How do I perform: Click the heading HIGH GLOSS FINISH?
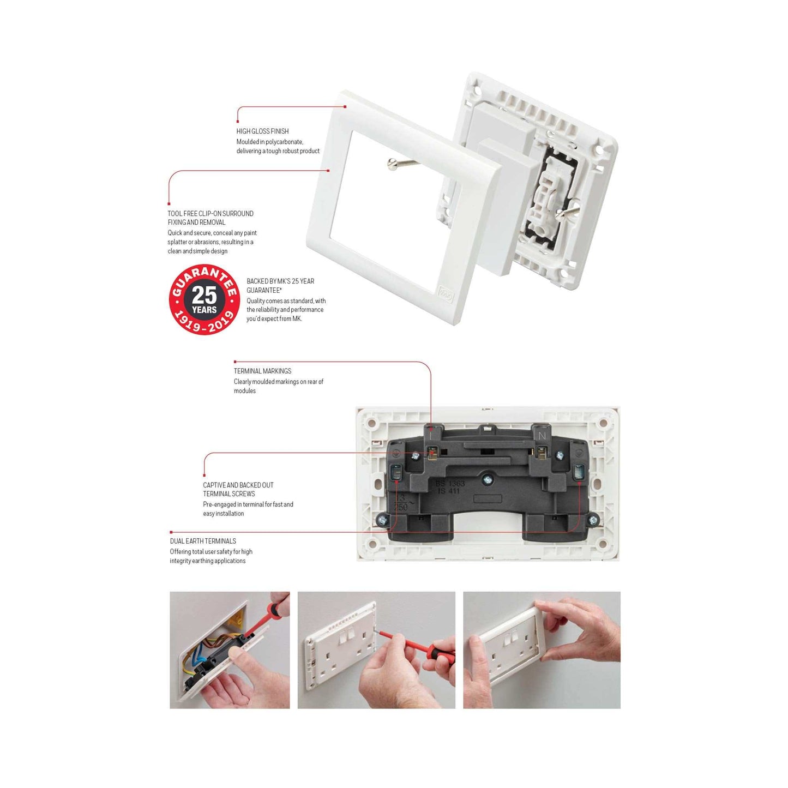pos(262,131)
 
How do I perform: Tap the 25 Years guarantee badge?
pos(204,299)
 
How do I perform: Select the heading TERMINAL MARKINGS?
pos(262,371)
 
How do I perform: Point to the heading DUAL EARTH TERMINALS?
pos(203,541)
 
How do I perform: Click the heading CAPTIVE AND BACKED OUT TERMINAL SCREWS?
pos(238,489)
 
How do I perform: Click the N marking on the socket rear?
pos(542,436)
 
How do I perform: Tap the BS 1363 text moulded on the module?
pos(450,484)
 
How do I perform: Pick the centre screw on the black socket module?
pos(487,480)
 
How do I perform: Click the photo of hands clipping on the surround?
pos(542,650)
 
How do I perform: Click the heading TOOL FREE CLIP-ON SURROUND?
pos(210,214)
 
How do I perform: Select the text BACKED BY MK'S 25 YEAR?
pos(280,281)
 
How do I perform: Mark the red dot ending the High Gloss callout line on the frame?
pos(345,107)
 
